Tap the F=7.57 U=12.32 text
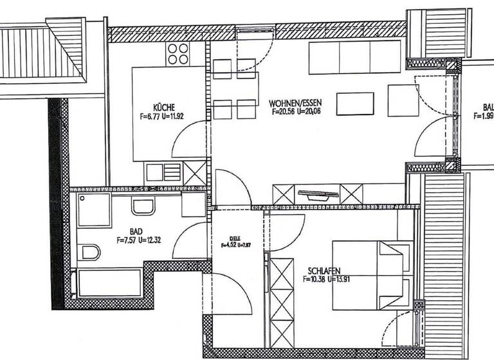point(138,240)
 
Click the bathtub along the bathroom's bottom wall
point(109,282)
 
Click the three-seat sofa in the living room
point(355,58)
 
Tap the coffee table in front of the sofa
point(355,103)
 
